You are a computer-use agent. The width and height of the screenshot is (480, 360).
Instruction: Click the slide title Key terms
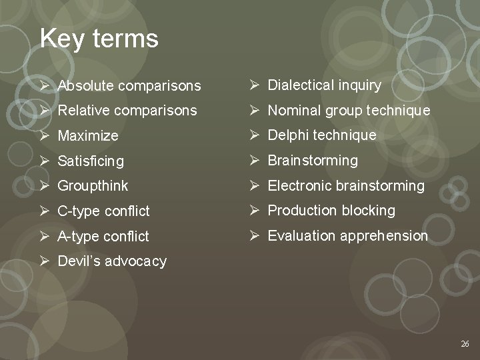(x=99, y=39)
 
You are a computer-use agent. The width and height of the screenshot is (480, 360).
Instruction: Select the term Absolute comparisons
(x=129, y=86)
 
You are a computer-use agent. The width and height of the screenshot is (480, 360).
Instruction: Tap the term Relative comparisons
(x=127, y=111)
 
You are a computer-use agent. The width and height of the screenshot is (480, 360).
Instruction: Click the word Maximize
(x=88, y=136)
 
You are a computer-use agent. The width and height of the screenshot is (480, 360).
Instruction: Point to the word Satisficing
(x=91, y=161)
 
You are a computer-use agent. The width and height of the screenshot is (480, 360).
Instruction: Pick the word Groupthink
(x=93, y=186)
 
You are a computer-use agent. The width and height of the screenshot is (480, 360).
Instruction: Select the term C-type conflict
(x=103, y=211)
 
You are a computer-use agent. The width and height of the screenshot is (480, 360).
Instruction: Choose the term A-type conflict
(x=103, y=236)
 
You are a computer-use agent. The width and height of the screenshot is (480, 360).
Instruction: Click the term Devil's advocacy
(x=112, y=261)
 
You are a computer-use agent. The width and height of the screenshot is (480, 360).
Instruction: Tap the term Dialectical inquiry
(x=325, y=85)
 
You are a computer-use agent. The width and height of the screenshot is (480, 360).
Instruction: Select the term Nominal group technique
(x=349, y=111)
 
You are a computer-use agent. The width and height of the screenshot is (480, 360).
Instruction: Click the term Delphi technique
(x=322, y=135)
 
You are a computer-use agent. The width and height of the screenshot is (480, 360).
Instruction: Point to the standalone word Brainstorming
(x=313, y=161)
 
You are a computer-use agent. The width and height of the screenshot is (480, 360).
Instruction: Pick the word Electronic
(x=299, y=186)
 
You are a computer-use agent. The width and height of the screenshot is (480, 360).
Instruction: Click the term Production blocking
(x=331, y=211)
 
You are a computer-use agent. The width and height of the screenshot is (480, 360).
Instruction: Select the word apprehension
(x=384, y=236)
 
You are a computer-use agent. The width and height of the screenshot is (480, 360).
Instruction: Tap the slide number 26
(x=465, y=344)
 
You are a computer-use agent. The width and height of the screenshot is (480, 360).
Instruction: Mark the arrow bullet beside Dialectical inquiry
(x=255, y=85)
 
